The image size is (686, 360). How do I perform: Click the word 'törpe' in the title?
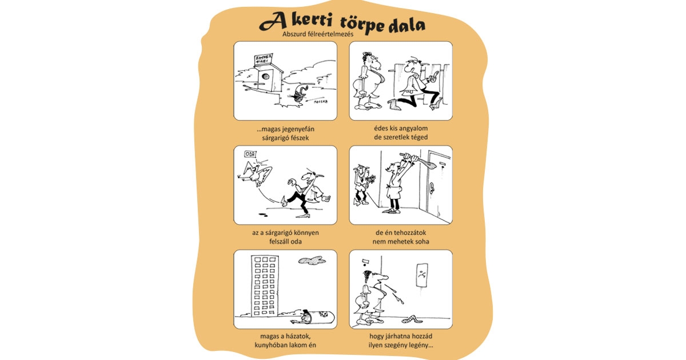click(353, 24)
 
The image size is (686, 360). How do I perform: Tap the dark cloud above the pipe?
click(311, 261)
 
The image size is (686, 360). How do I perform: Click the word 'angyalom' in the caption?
click(412, 129)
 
